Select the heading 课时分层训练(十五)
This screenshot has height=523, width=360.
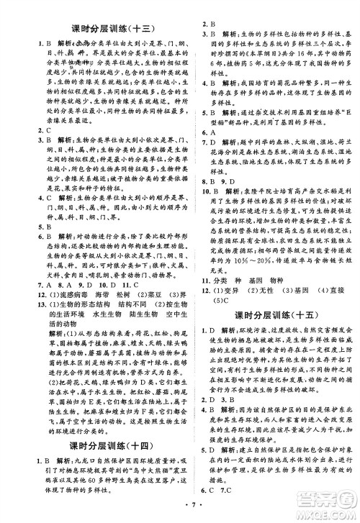tap(270, 316)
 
